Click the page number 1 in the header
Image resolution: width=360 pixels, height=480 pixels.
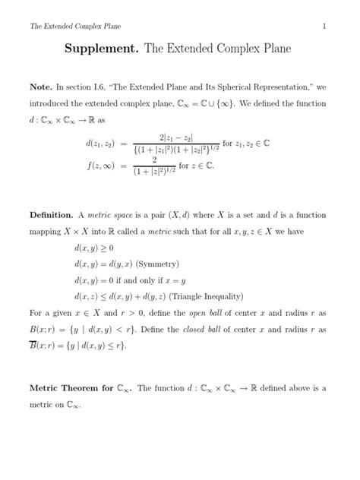point(324,27)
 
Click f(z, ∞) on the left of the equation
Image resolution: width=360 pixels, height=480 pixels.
point(101,164)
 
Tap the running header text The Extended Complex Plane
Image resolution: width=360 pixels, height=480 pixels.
point(70,27)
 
